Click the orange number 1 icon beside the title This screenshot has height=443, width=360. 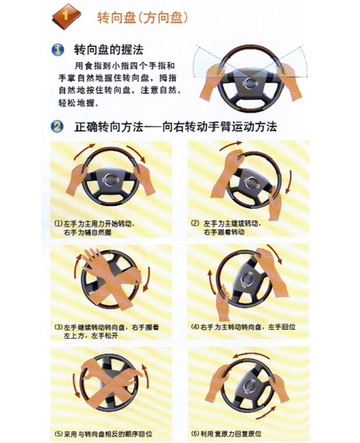(64, 15)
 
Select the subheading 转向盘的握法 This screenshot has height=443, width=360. (108, 50)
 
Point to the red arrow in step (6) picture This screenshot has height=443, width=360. (248, 355)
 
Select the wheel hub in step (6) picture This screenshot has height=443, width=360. (248, 388)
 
